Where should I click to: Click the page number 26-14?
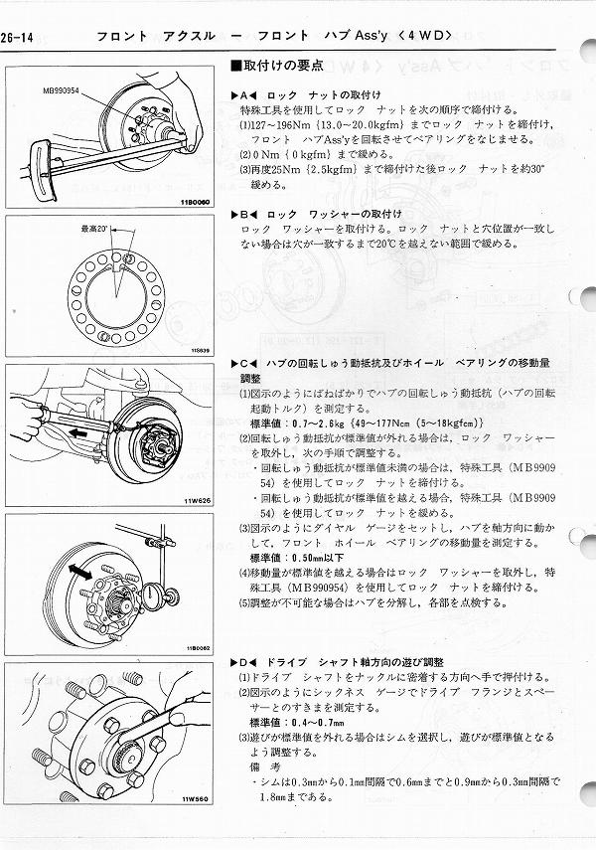tap(19, 38)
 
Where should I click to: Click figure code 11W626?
tap(198, 499)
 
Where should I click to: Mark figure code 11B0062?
tap(197, 647)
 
